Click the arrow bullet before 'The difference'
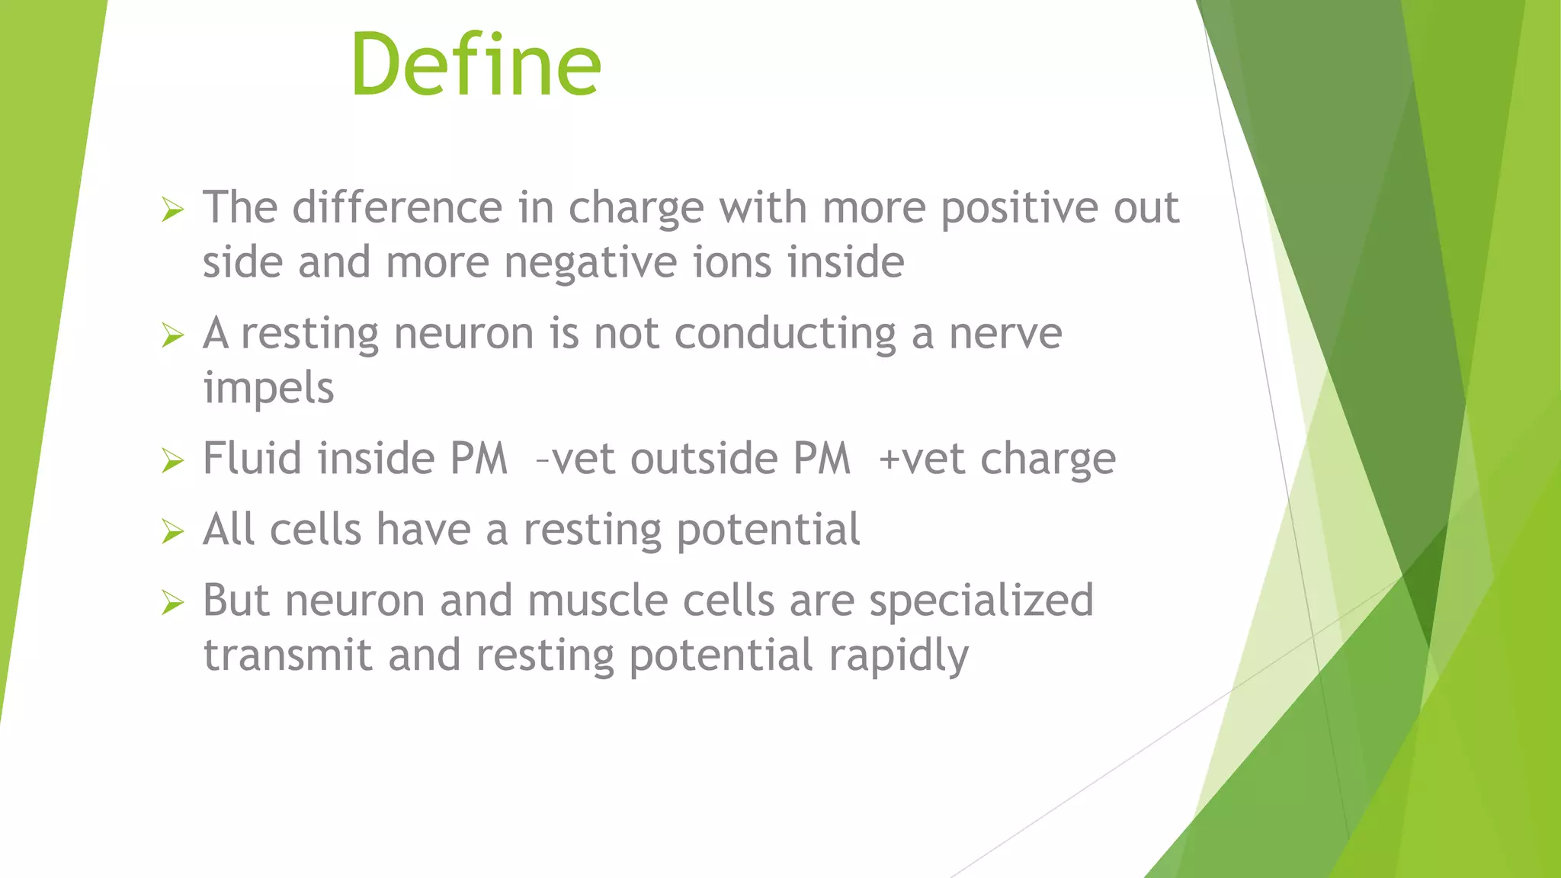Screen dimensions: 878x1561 coord(173,209)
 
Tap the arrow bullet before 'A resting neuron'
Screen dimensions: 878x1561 coord(173,335)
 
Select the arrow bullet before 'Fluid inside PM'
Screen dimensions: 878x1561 coord(173,460)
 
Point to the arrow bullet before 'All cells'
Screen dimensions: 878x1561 coord(173,531)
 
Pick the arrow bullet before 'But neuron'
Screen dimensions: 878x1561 coord(173,602)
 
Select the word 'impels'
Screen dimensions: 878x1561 coord(268,389)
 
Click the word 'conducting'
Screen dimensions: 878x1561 coord(785,335)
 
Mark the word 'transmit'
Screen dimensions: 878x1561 coord(287,655)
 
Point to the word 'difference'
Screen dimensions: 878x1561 coord(397,207)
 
